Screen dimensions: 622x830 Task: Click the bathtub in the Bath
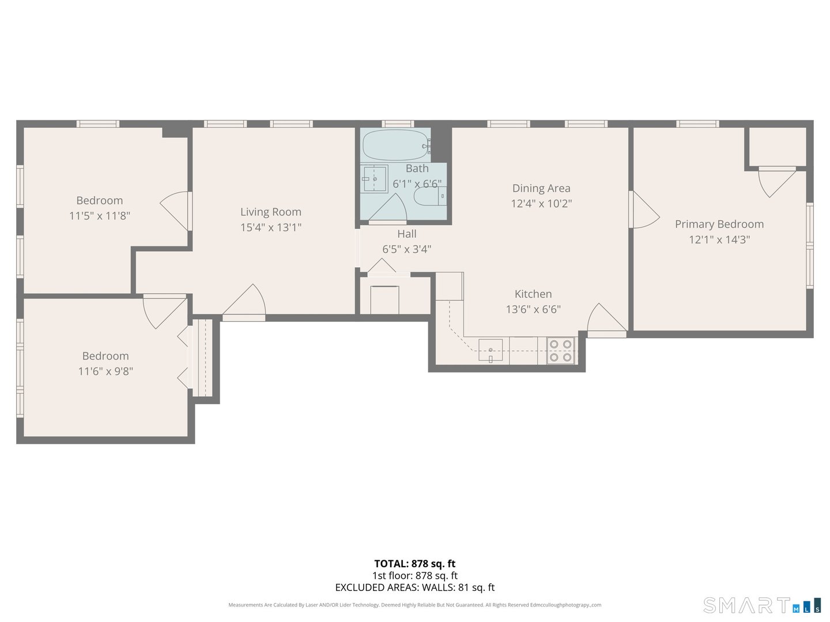tap(395, 145)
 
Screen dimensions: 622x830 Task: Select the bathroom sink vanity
tap(374, 179)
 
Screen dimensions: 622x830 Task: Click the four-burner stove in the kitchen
tap(561, 351)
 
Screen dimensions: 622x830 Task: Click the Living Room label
tap(270, 212)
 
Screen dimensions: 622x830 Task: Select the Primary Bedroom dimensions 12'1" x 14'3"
tap(719, 240)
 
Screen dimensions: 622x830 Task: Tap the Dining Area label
tap(541, 188)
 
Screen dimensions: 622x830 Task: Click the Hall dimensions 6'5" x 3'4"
tap(406, 249)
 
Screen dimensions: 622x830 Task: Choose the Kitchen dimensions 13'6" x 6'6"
tap(533, 309)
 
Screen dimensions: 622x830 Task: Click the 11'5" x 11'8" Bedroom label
tap(99, 200)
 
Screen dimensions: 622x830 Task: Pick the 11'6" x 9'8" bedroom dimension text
tap(105, 371)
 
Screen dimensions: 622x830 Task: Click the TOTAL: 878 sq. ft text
tap(414, 564)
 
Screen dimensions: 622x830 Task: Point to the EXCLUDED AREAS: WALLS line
tap(414, 587)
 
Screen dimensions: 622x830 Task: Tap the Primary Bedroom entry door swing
tap(644, 211)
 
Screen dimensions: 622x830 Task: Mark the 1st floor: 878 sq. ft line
tap(414, 575)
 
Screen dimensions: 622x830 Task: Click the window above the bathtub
tap(398, 124)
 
